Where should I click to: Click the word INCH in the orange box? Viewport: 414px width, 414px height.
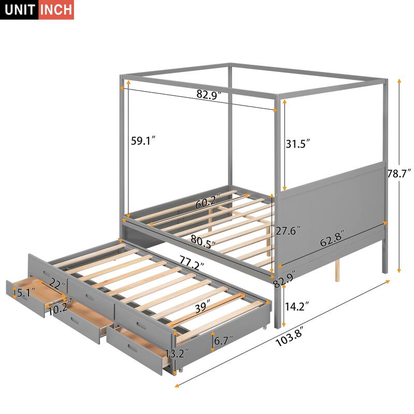[x=56, y=10]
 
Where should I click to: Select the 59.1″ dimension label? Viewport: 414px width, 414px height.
[x=143, y=141]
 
